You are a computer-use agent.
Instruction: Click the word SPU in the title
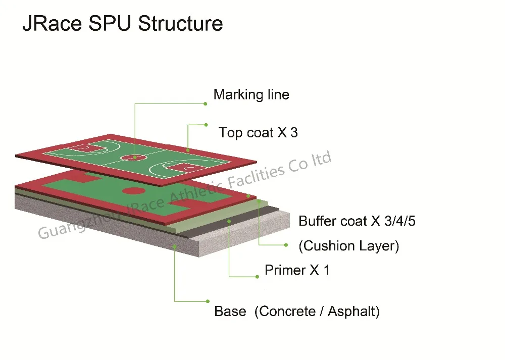(x=112, y=24)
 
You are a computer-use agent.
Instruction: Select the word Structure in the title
(x=180, y=24)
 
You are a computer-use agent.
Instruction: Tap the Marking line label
(x=251, y=94)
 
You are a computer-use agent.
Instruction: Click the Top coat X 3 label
(x=258, y=133)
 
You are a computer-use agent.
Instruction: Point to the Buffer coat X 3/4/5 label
(x=357, y=221)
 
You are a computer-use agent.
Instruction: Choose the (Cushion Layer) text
(x=349, y=246)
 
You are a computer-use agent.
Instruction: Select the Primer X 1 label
(x=297, y=270)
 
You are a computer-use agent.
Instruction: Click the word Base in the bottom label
(x=230, y=311)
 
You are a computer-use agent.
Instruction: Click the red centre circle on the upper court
(x=134, y=157)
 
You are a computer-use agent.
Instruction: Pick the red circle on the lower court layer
(x=134, y=191)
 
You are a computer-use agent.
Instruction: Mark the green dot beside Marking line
(x=205, y=104)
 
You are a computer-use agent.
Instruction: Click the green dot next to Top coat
(x=206, y=124)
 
